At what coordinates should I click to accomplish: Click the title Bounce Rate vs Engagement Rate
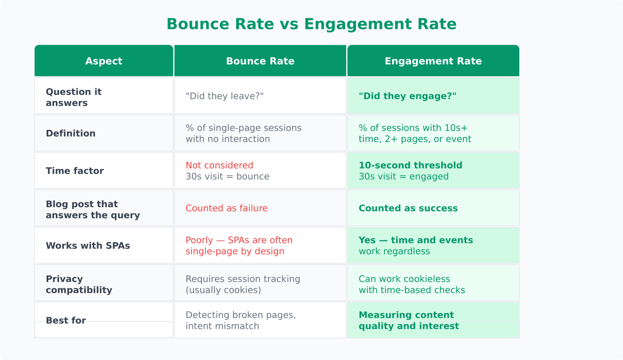(x=311, y=24)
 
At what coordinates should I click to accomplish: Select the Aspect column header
(x=104, y=61)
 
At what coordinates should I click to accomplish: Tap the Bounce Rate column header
(x=260, y=61)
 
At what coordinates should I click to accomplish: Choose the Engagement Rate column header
(x=433, y=61)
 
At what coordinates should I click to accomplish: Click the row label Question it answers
(x=74, y=97)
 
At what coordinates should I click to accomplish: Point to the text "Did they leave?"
(x=225, y=96)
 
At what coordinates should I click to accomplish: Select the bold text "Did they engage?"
(x=407, y=96)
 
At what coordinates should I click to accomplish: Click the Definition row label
(x=70, y=133)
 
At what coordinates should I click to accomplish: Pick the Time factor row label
(x=74, y=171)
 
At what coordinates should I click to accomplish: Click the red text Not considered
(x=219, y=165)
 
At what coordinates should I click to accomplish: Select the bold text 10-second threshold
(x=410, y=165)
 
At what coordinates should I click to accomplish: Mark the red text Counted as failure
(x=226, y=208)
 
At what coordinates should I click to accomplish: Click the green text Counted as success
(x=408, y=208)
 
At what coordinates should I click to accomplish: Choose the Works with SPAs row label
(x=88, y=246)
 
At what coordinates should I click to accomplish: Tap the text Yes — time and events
(x=416, y=240)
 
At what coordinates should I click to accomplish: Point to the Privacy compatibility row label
(x=78, y=284)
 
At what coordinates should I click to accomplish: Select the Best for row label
(x=66, y=321)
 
